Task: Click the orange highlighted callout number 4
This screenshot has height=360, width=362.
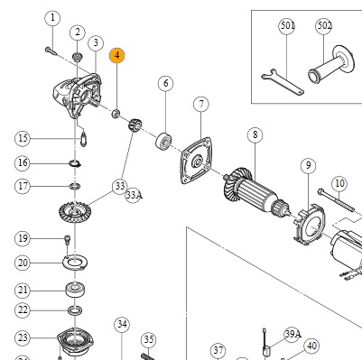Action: (117, 55)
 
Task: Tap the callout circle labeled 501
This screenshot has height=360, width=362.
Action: (287, 26)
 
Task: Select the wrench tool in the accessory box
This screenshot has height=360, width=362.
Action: (283, 82)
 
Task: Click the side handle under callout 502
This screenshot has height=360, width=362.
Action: (331, 65)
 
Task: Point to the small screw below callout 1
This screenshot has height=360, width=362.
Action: (51, 51)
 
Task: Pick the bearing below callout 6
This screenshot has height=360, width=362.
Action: (164, 140)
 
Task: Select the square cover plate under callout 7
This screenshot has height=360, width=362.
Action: (197, 161)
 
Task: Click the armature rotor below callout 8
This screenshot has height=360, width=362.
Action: (256, 193)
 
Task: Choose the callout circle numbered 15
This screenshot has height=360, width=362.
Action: (23, 138)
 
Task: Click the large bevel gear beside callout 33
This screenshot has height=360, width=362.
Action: (75, 212)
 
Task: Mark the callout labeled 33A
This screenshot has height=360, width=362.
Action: (133, 195)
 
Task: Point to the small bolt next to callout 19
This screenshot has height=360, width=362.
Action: (67, 240)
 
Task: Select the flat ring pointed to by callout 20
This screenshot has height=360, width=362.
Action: (75, 263)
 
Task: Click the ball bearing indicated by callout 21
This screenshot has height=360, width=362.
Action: (75, 290)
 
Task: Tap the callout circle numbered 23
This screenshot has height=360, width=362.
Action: (23, 337)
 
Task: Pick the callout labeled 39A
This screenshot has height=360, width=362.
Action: (292, 334)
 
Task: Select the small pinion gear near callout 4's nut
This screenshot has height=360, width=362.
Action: (135, 125)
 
